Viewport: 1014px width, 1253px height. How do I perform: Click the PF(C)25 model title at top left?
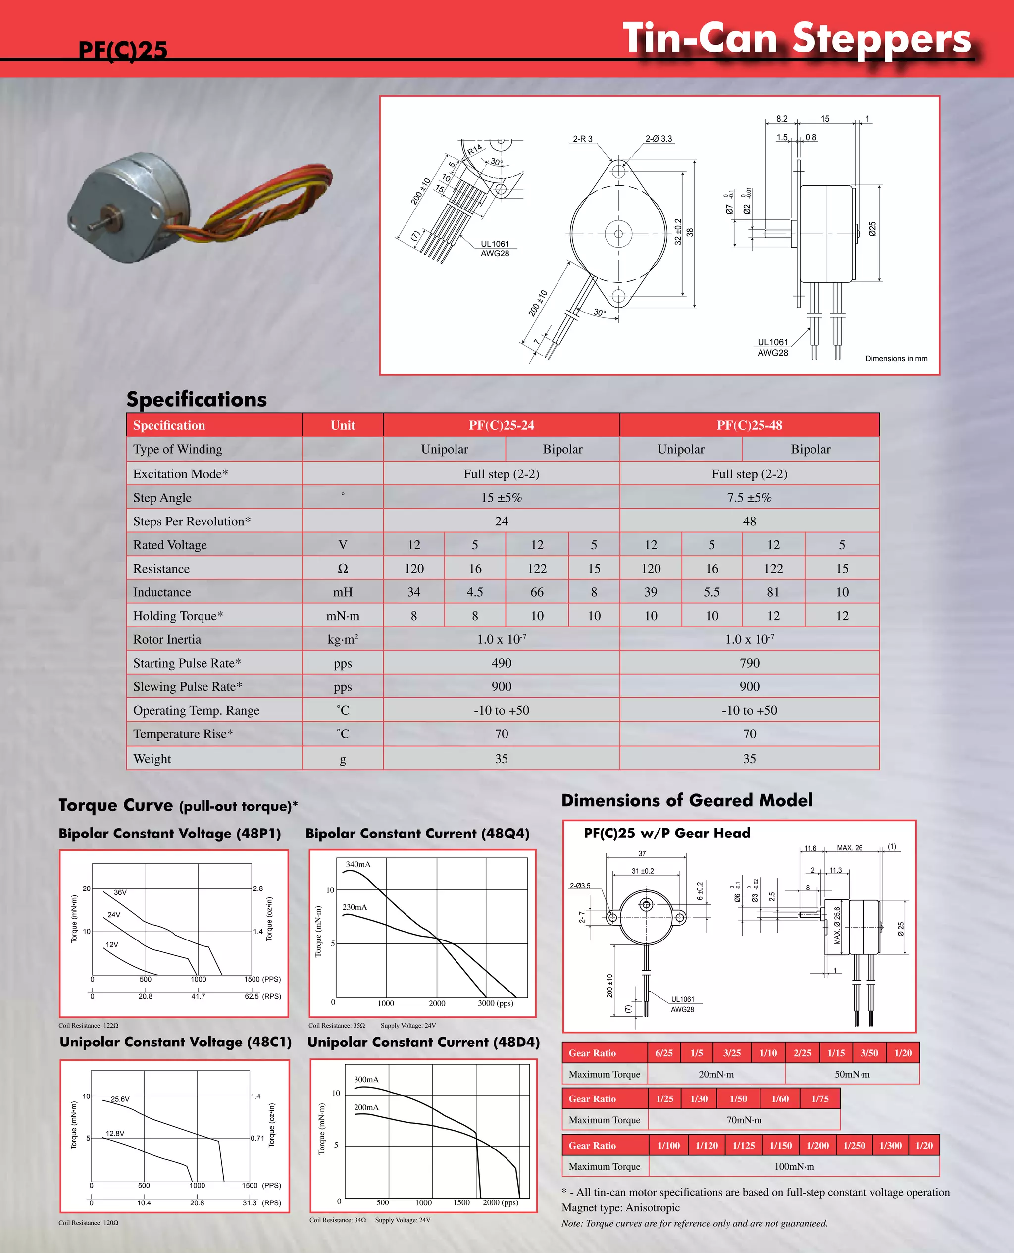123,50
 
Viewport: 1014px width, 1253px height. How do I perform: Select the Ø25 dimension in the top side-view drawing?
872,228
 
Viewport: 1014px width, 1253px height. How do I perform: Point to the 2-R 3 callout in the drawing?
582,139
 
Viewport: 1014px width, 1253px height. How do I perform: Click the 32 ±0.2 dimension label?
678,231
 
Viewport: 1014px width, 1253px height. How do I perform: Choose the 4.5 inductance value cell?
474,592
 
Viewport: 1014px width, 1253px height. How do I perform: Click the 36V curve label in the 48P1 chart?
120,892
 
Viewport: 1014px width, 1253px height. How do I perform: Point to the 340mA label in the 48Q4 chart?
358,865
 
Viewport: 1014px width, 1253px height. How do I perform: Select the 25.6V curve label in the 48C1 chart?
120,1099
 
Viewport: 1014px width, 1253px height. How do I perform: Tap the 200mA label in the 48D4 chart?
366,1107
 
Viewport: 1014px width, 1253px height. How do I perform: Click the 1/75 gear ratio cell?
819,1099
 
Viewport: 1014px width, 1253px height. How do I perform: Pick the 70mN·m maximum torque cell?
744,1120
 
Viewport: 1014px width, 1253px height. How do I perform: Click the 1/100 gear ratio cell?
668,1145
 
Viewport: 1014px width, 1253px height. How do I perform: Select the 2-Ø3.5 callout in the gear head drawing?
580,886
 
